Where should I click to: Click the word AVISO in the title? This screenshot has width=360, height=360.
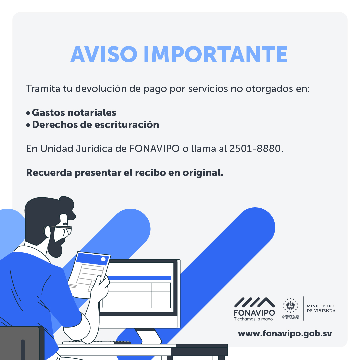104,54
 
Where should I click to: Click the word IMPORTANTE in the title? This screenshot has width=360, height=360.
216,54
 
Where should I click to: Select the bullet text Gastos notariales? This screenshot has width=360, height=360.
74,113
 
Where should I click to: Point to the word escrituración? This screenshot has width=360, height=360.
127,125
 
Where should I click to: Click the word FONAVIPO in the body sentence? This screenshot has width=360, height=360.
155,149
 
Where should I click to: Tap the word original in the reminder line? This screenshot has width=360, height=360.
203,173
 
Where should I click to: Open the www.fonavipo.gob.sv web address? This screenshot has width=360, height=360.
285,334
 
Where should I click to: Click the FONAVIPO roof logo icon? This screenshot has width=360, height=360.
254,302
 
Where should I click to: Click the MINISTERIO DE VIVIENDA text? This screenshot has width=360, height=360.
321,308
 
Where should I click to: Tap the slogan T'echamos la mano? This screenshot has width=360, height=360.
253,319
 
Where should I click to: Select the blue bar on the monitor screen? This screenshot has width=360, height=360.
139,278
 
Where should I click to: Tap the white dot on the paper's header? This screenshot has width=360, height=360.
103,259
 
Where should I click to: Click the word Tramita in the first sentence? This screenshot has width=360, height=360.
43,89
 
